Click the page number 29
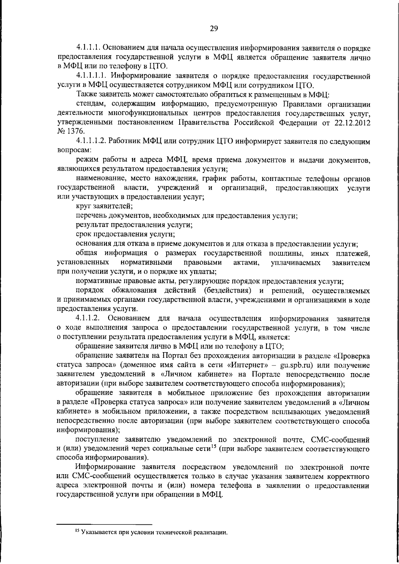tap(213, 28)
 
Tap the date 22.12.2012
tap(353, 122)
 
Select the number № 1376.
tap(68, 131)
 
